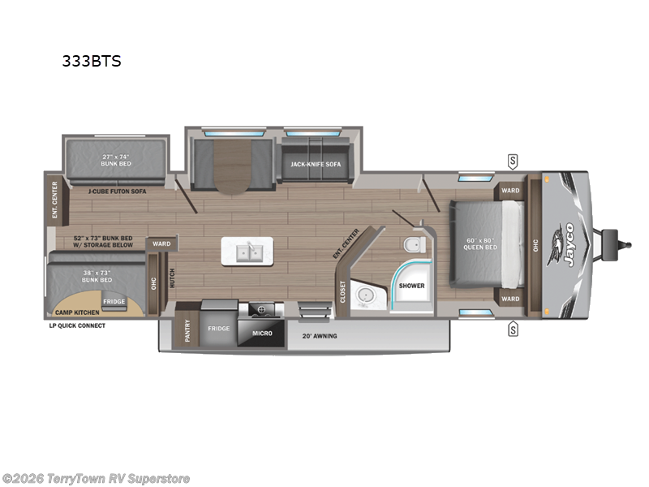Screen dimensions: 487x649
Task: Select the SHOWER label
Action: [x=412, y=285]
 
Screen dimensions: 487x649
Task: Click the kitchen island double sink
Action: [x=249, y=252]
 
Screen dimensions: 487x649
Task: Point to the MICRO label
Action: [x=260, y=333]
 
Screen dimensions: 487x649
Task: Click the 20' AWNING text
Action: [x=319, y=335]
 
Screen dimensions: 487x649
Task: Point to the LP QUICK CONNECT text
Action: [x=77, y=325]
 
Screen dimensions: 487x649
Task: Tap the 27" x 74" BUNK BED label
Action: [x=116, y=159]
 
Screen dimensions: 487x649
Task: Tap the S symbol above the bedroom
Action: [x=513, y=159]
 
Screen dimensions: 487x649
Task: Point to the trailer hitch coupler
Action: [x=623, y=243]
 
